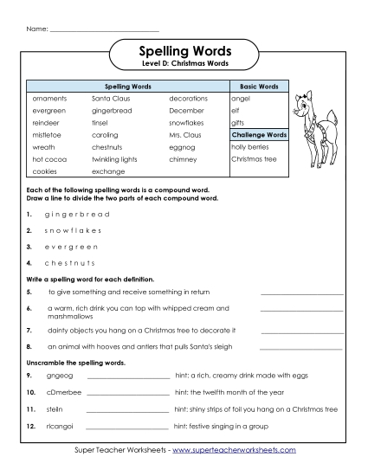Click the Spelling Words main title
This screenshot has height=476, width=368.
point(184,51)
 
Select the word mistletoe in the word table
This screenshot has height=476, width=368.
point(48,135)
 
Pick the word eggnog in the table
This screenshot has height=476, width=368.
point(183,147)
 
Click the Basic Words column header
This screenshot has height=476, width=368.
point(257,87)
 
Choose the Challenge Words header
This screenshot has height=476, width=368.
point(259,135)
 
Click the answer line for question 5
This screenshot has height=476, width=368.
point(301,294)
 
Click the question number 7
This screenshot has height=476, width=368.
point(29,330)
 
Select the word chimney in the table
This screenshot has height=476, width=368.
point(184,159)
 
